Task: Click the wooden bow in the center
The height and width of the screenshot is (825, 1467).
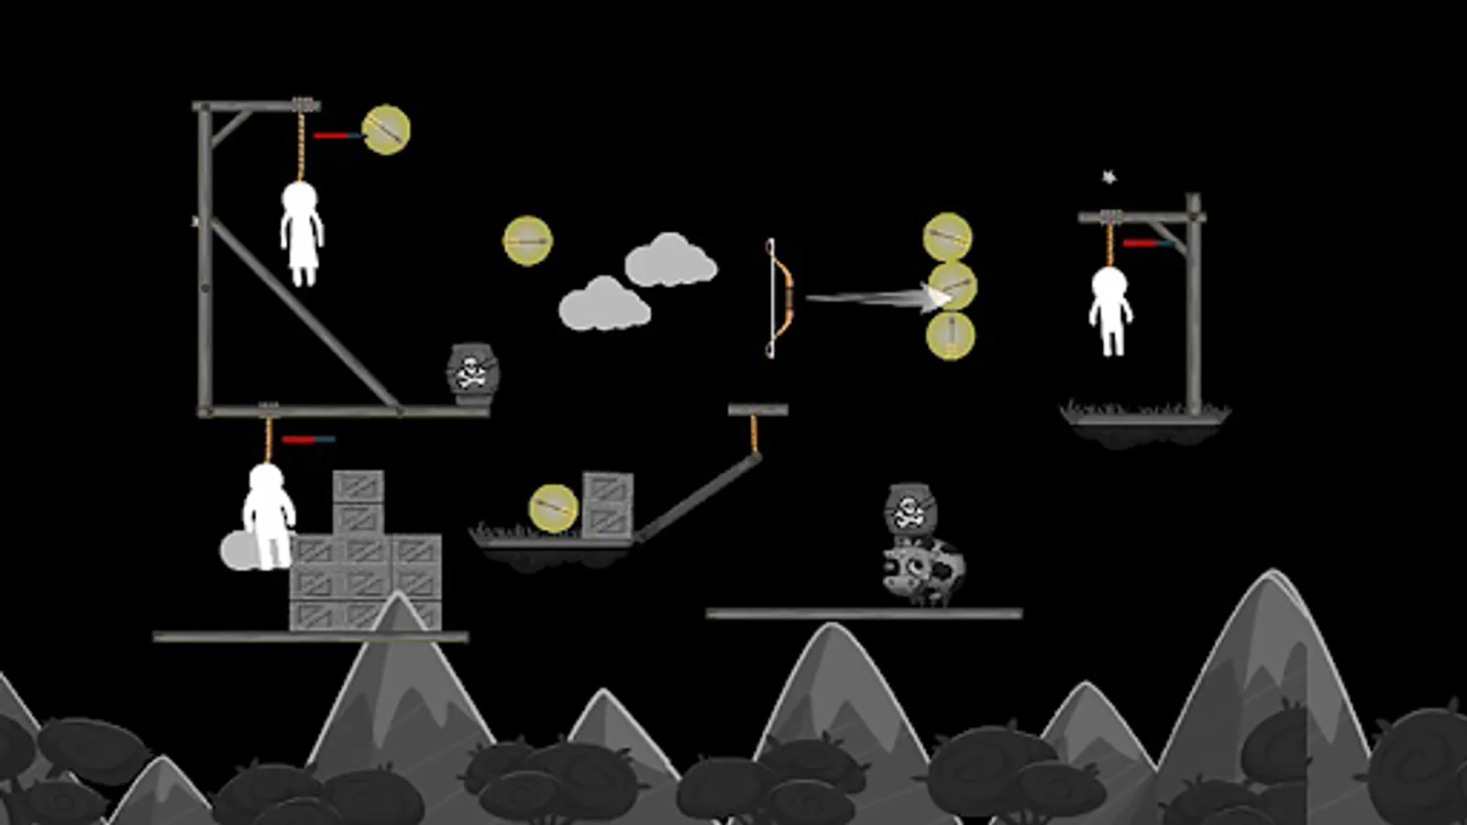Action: (x=778, y=298)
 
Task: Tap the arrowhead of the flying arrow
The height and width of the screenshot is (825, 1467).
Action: (x=937, y=297)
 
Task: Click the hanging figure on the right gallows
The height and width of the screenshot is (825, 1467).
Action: (x=1110, y=310)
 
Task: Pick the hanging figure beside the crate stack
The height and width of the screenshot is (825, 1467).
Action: (x=268, y=515)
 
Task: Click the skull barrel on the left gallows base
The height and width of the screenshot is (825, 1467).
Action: (x=472, y=371)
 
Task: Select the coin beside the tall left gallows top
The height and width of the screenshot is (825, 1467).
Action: (x=386, y=130)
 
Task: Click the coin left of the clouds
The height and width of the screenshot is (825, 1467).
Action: (x=527, y=241)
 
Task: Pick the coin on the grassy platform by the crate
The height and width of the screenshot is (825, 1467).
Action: (x=553, y=509)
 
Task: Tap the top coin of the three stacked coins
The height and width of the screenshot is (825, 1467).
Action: (x=947, y=237)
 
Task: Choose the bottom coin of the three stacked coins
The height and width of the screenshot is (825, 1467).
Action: (x=950, y=335)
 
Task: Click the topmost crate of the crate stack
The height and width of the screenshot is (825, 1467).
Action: (x=358, y=486)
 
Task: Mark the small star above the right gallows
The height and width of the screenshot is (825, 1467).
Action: (x=1109, y=177)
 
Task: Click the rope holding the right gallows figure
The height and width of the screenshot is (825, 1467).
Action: (x=1110, y=243)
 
